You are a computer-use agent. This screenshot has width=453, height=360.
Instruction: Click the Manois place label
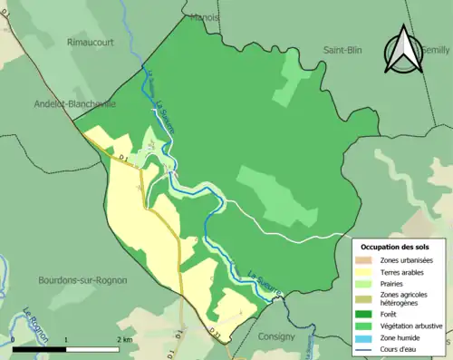tap(206, 17)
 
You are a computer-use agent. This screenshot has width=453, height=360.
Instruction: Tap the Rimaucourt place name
tap(93, 41)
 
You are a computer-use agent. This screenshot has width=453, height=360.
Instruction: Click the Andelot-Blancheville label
tap(76, 104)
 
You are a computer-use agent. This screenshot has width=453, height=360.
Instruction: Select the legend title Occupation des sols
tap(395, 247)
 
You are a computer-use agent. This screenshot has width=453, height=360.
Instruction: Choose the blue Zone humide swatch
tap(367, 337)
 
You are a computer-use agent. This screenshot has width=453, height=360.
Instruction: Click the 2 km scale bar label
tap(125, 338)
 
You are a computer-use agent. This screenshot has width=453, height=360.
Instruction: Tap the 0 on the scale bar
tap(14, 338)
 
